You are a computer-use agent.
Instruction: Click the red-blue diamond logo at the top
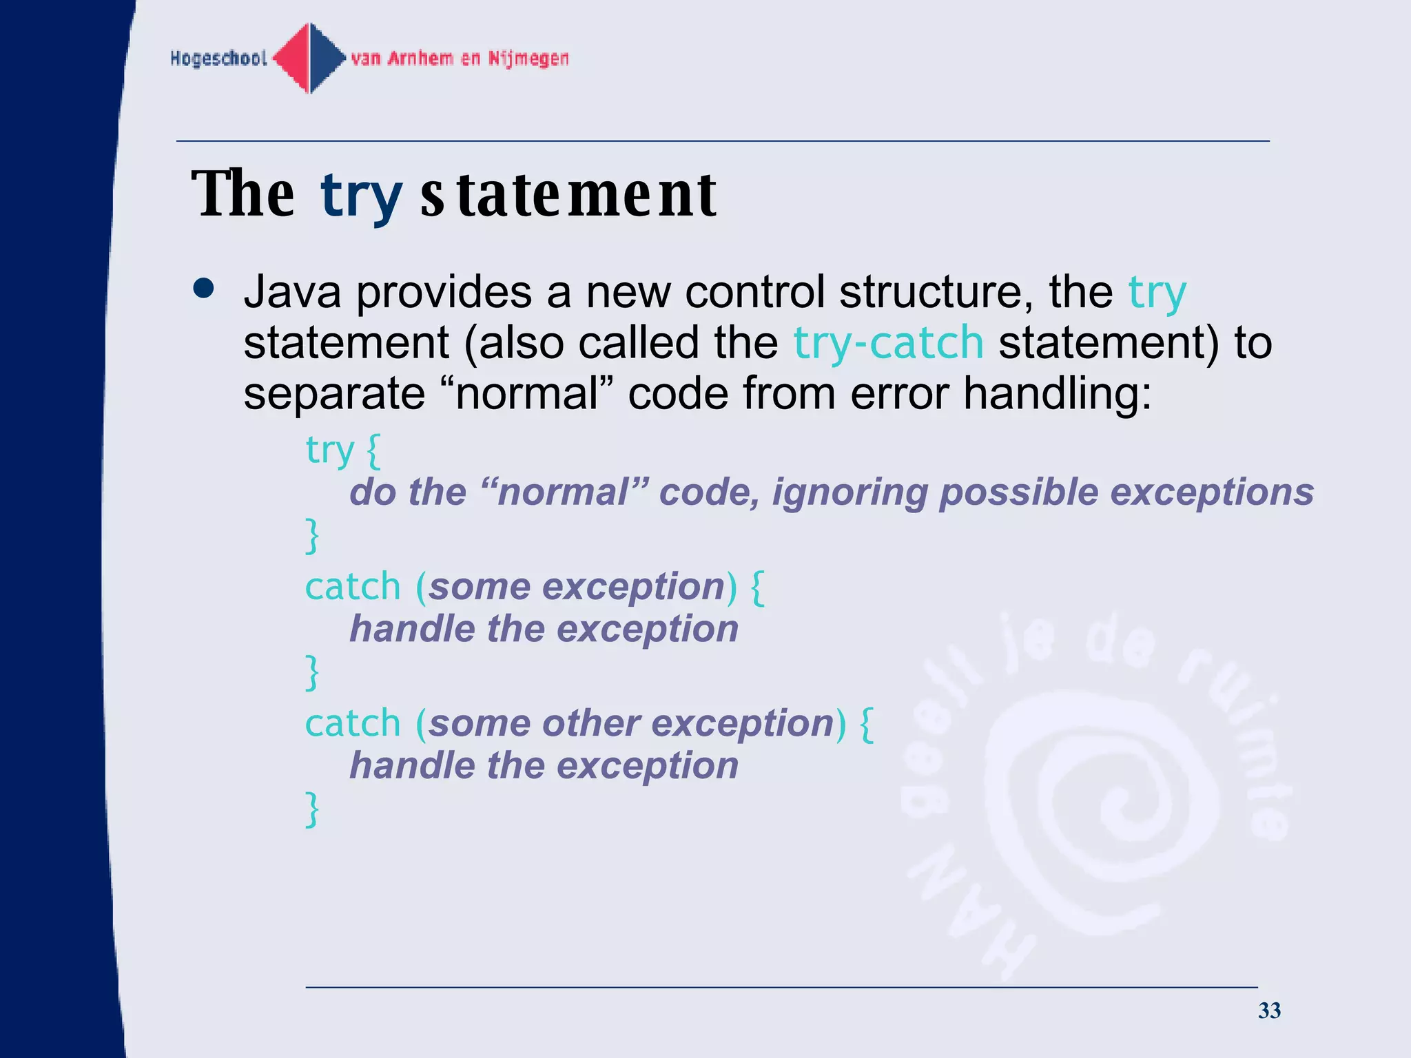[309, 58]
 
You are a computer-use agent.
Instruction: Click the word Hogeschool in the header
[218, 59]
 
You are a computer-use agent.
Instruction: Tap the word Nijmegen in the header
[528, 59]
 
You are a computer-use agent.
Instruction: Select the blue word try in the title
[361, 196]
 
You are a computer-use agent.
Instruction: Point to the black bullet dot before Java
[204, 289]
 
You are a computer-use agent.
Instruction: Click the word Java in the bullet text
[292, 291]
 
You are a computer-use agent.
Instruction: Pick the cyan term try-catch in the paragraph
[888, 342]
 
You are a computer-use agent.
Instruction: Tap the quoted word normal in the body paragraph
[527, 393]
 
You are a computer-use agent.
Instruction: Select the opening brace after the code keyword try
[373, 451]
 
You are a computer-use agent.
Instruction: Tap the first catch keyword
[353, 587]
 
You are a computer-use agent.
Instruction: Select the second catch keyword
[353, 723]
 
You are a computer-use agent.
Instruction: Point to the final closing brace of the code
[312, 809]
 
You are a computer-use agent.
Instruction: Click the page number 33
[1269, 1010]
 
